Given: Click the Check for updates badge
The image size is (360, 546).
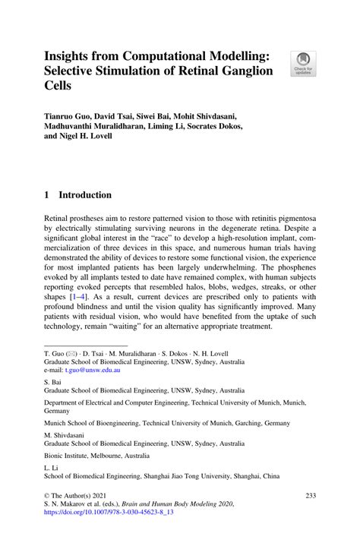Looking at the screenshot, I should point(305,63).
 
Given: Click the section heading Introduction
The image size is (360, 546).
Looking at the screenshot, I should point(86,194).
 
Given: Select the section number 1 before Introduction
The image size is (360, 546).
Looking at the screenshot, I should point(47,194).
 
